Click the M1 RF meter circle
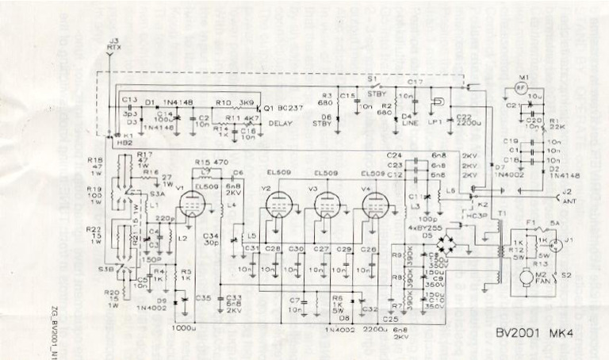[x=520, y=86]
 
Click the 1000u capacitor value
[x=182, y=326]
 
